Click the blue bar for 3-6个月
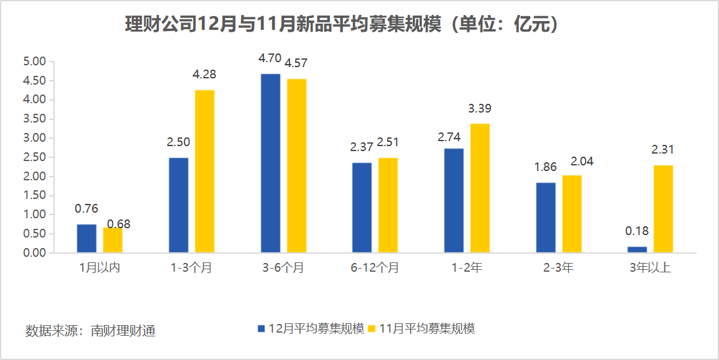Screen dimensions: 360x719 270,163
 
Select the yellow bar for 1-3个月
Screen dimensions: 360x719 204,171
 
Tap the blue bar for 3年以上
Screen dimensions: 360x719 637,249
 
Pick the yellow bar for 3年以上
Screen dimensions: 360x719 663,208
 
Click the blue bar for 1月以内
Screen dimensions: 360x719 86,238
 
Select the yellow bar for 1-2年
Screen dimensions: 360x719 480,188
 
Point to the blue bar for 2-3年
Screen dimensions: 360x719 546,217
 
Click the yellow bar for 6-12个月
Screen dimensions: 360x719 388,205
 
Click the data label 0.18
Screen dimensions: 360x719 637,231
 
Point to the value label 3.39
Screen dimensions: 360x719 480,109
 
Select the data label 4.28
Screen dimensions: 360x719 204,75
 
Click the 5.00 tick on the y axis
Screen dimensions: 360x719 35,62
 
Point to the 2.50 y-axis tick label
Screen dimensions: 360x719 35,157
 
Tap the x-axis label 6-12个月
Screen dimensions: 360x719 375,268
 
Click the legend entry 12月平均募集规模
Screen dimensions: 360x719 311,328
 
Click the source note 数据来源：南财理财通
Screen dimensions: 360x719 90,330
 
